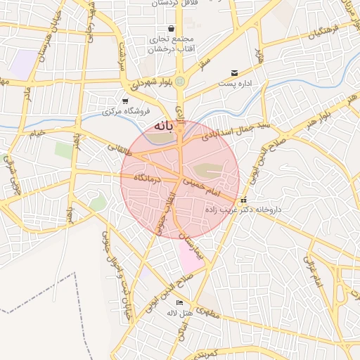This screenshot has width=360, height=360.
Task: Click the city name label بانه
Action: (162, 125)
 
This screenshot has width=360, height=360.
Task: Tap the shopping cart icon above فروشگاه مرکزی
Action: (125, 101)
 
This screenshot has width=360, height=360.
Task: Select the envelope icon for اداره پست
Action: (235, 73)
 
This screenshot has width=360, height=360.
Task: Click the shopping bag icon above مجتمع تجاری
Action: (171, 29)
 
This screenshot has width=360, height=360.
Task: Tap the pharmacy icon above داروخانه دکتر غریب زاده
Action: (243, 200)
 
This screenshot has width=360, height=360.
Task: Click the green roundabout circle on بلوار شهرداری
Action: (181, 82)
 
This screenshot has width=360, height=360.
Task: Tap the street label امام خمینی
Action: (205, 186)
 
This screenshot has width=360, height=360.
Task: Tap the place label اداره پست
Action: (257, 82)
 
